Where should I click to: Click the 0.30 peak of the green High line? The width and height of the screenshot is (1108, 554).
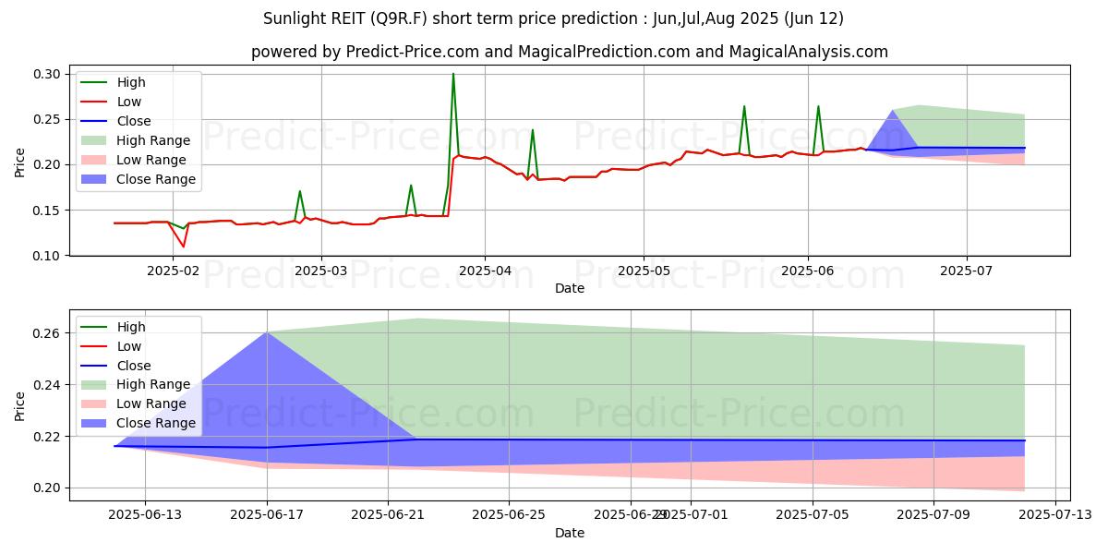pos(453,74)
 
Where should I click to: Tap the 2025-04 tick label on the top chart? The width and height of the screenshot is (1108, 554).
pos(485,271)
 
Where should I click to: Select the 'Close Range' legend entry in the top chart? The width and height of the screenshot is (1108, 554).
pos(155,179)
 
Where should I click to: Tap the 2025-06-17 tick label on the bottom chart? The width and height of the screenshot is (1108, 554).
pos(267,514)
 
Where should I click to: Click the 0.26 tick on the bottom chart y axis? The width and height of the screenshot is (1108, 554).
pos(48,333)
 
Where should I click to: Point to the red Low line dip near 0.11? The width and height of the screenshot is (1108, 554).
pos(183,247)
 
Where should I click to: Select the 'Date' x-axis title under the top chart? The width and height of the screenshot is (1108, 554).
pos(570,288)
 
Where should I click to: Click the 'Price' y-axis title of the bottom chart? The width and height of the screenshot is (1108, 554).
pos(20,404)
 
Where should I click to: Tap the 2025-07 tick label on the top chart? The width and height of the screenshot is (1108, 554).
pos(967,271)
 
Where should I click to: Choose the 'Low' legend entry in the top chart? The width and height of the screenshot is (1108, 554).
pos(130,102)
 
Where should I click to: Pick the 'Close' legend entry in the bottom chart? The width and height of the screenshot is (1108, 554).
pos(134,365)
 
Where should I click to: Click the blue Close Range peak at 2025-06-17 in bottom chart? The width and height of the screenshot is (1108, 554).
pos(267,332)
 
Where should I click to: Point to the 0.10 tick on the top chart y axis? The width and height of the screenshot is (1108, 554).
pos(48,256)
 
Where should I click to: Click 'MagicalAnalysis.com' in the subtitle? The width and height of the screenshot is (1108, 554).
pos(808,52)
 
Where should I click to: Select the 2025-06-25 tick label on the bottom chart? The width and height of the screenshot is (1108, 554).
pos(509,514)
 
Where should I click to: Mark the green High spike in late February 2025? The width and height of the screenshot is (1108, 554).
pos(300,191)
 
